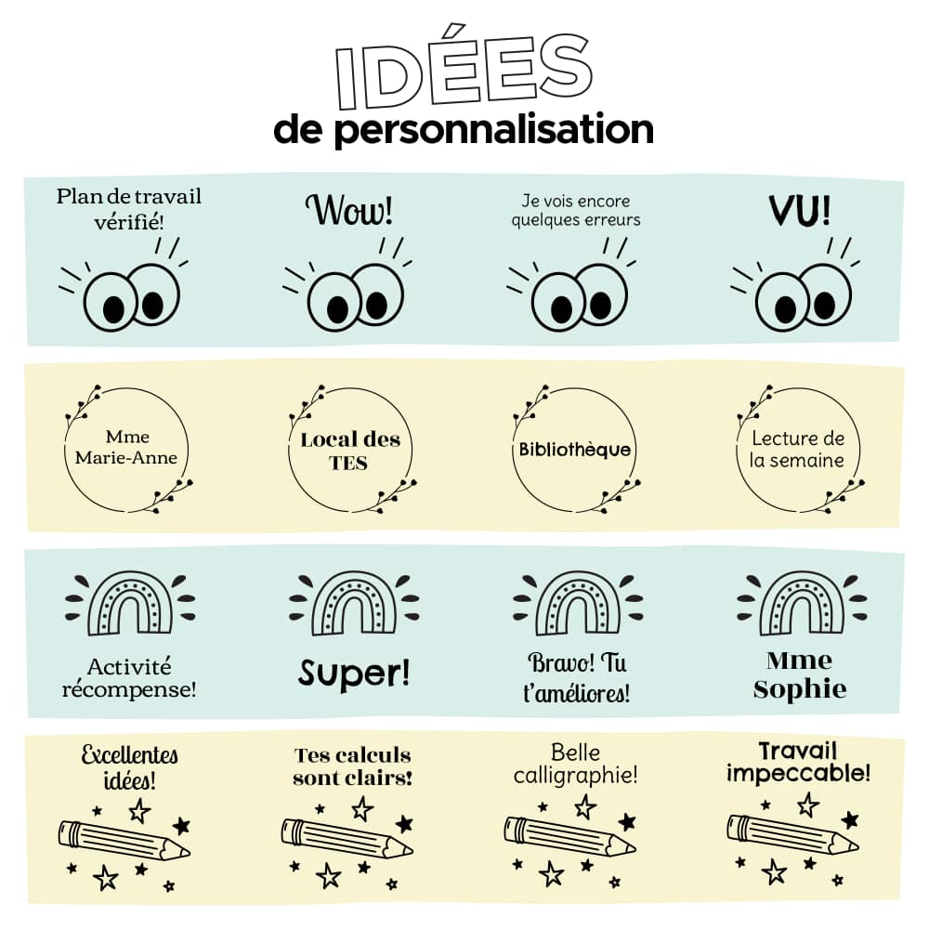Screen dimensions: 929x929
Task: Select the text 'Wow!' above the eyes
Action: pyautogui.click(x=349, y=210)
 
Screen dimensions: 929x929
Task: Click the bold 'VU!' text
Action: pyautogui.click(x=799, y=211)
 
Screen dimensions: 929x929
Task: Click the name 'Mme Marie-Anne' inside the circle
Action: pyautogui.click(x=127, y=447)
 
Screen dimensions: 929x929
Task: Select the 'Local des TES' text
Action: pyautogui.click(x=349, y=451)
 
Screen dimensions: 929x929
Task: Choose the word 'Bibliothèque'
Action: pyautogui.click(x=574, y=451)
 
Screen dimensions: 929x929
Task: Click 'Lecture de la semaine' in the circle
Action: pyautogui.click(x=798, y=449)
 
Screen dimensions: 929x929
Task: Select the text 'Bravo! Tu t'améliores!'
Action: pyautogui.click(x=576, y=677)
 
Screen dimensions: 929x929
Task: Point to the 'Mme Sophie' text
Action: pyautogui.click(x=800, y=675)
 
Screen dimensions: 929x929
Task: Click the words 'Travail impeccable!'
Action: pyautogui.click(x=799, y=762)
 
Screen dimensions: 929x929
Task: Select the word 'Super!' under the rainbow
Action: pyautogui.click(x=353, y=674)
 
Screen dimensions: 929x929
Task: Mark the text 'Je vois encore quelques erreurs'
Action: pyautogui.click(x=576, y=210)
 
